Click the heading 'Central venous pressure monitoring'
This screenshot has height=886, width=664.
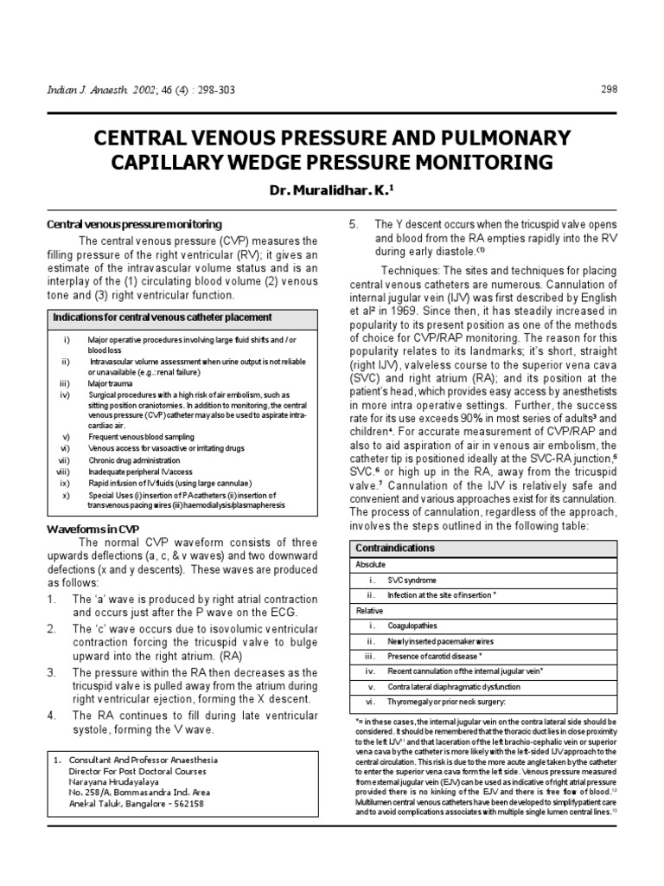click(x=134, y=224)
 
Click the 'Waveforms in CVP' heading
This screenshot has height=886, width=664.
click(x=92, y=528)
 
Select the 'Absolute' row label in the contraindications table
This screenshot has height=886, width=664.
click(x=371, y=564)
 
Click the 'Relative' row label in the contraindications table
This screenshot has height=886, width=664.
click(x=369, y=610)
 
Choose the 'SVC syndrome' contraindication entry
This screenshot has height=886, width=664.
click(x=412, y=580)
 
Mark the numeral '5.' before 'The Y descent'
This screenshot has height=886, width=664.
click(x=354, y=224)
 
